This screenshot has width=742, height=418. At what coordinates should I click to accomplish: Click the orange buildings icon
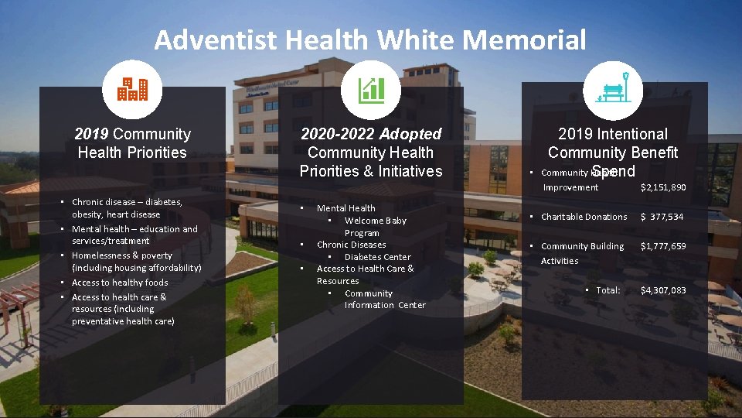pyautogui.click(x=132, y=90)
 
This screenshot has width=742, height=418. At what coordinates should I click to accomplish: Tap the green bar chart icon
pyautogui.click(x=371, y=90)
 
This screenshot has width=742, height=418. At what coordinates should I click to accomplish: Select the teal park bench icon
pyautogui.click(x=614, y=90)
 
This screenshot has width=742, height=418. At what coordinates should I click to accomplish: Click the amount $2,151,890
pyautogui.click(x=663, y=187)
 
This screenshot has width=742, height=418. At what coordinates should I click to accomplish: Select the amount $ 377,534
pyautogui.click(x=662, y=217)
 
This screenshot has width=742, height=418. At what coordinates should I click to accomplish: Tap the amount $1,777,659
pyautogui.click(x=663, y=246)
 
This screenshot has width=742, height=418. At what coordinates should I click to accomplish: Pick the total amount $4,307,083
pyautogui.click(x=663, y=290)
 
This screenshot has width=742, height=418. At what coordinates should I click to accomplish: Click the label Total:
pyautogui.click(x=608, y=290)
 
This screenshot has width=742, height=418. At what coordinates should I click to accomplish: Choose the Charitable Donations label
pyautogui.click(x=584, y=217)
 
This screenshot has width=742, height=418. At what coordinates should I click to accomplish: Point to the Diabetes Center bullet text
pyautogui.click(x=377, y=257)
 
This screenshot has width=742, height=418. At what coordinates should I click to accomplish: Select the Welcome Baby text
pyautogui.click(x=375, y=221)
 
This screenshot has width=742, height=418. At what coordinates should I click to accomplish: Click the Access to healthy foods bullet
pyautogui.click(x=120, y=283)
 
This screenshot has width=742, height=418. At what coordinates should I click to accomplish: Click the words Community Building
pyautogui.click(x=582, y=246)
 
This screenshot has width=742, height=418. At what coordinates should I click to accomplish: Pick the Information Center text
pyautogui.click(x=385, y=305)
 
